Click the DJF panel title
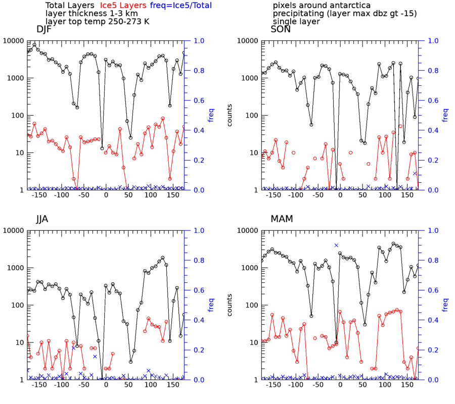pyautogui.click(x=44, y=29)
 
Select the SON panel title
pyautogui.click(x=281, y=29)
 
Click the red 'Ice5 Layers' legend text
pyautogui.click(x=123, y=6)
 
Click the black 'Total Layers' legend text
pyautogui.click(x=70, y=6)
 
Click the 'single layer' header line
pyautogui.click(x=296, y=22)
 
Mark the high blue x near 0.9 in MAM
pyautogui.click(x=336, y=245)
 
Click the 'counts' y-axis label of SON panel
pyautogui.click(x=230, y=115)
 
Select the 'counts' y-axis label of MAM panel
pyautogui.click(x=230, y=305)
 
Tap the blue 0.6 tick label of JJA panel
pyautogui.click(x=199, y=290)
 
